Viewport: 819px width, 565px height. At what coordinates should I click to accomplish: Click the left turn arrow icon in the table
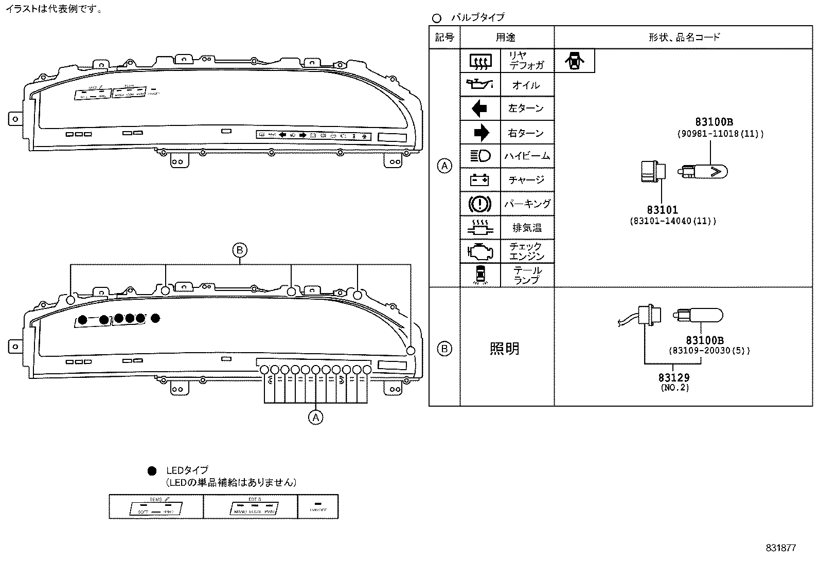tap(479, 108)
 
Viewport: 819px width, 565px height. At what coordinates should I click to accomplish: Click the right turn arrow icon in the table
tap(480, 133)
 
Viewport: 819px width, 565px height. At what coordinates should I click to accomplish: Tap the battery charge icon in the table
tap(479, 180)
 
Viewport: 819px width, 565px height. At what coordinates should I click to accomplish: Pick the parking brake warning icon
tap(479, 204)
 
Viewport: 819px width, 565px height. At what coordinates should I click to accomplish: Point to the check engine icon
tap(479, 251)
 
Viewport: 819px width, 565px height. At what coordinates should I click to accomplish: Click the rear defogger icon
tap(480, 61)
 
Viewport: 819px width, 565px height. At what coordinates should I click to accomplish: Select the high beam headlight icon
tap(480, 156)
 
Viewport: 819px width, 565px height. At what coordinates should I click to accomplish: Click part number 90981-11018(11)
tap(720, 134)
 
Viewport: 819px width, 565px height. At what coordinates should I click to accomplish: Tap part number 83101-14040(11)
tap(673, 221)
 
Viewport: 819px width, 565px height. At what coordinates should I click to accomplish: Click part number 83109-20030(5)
tap(709, 351)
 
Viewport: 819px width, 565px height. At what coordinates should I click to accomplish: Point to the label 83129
tap(674, 378)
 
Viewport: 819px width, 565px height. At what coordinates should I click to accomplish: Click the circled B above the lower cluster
tap(239, 250)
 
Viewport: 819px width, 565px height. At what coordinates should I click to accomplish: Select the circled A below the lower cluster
tap(315, 417)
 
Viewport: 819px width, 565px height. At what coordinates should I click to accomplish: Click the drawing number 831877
tap(780, 548)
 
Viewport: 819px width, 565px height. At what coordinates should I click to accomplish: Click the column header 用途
tap(506, 37)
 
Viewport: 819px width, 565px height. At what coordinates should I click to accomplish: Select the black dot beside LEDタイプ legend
tap(152, 470)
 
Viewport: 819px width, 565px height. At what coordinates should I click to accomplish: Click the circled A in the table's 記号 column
tap(444, 167)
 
